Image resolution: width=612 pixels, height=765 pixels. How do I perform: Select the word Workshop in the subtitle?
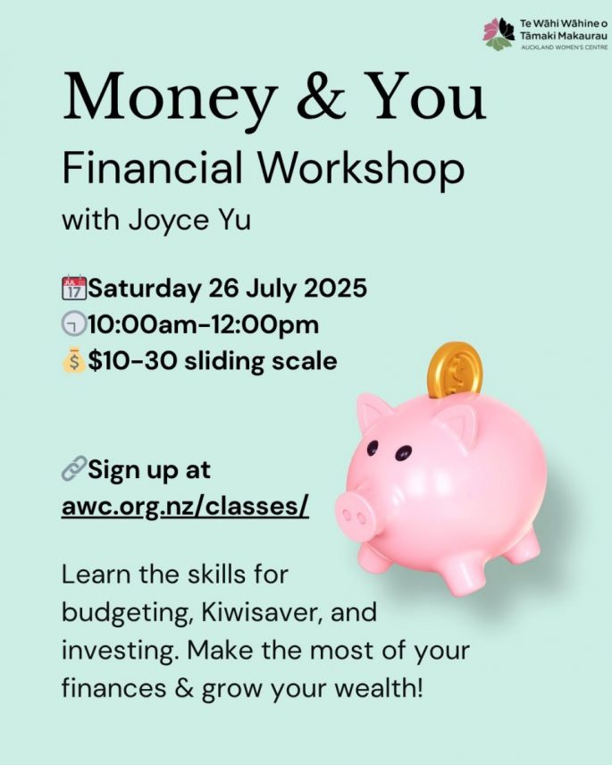tap(361, 168)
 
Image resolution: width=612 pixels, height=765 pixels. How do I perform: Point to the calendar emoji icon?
tap(74, 288)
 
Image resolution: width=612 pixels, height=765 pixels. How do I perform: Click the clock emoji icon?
tap(74, 324)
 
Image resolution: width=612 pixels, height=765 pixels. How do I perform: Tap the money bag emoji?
tap(74, 359)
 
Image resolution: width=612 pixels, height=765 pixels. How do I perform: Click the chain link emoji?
tap(74, 468)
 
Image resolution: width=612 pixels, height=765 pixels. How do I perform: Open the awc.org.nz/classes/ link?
tap(185, 507)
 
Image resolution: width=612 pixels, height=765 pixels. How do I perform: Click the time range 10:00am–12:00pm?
tap(204, 325)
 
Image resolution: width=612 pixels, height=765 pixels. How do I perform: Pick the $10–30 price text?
tap(132, 361)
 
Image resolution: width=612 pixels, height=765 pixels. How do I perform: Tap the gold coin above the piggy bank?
tap(455, 370)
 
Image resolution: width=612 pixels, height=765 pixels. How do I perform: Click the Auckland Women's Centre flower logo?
tap(499, 34)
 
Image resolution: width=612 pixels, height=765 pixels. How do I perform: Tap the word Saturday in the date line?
tap(145, 288)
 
